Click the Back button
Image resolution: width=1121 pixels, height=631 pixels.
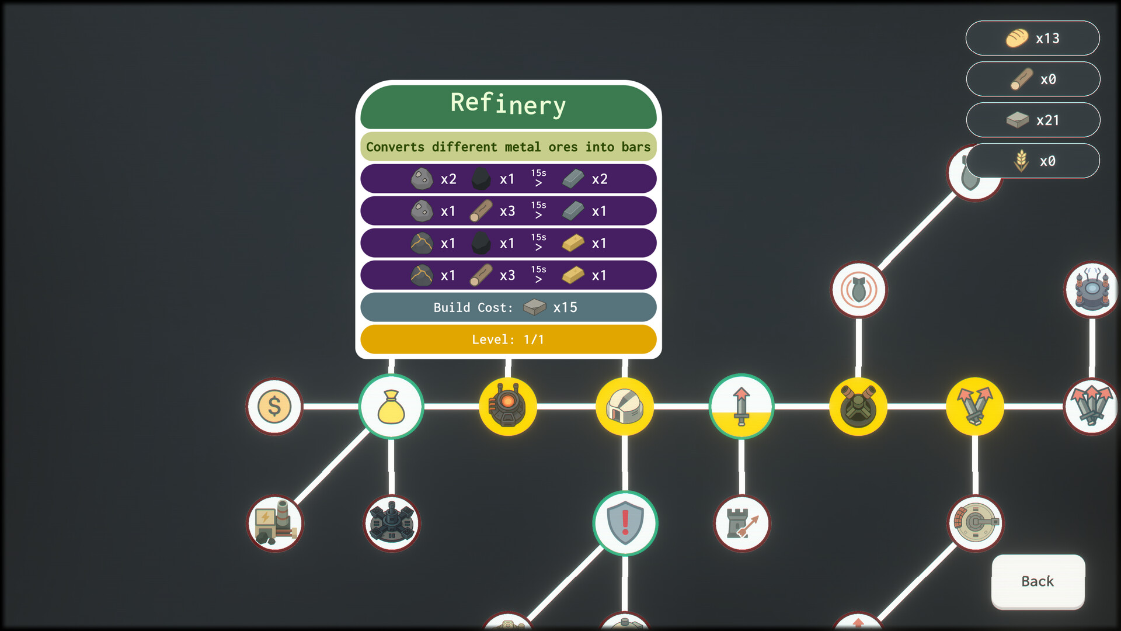tap(1038, 581)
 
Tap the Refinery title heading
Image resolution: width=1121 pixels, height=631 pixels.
tap(508, 105)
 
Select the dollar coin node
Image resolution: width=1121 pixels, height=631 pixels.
tap(274, 406)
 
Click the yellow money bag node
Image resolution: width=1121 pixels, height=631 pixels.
tap(391, 406)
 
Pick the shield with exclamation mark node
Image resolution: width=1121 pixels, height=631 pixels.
tap(625, 522)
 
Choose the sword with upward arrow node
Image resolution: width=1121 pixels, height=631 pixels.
tap(741, 406)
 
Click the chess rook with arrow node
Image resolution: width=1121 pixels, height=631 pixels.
tap(741, 523)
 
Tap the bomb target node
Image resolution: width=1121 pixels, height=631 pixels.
tap(858, 289)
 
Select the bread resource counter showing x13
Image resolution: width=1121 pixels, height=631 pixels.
tap(1032, 39)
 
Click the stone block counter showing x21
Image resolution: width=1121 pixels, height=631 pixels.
tap(1032, 120)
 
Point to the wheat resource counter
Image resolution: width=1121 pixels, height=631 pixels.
tap(1032, 161)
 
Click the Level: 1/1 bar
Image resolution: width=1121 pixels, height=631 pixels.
tap(508, 339)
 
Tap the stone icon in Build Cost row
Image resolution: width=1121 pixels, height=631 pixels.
tap(534, 307)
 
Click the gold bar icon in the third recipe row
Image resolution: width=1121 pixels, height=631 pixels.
tap(573, 243)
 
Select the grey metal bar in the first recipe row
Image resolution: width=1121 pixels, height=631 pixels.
tap(573, 179)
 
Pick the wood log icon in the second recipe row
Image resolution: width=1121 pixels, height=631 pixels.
tap(481, 211)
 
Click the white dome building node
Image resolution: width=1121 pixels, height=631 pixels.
tap(625, 406)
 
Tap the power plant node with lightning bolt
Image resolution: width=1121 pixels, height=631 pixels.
tap(274, 523)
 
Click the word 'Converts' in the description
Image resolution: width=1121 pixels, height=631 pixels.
tap(395, 147)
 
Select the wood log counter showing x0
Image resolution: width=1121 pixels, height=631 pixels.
tap(1032, 79)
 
